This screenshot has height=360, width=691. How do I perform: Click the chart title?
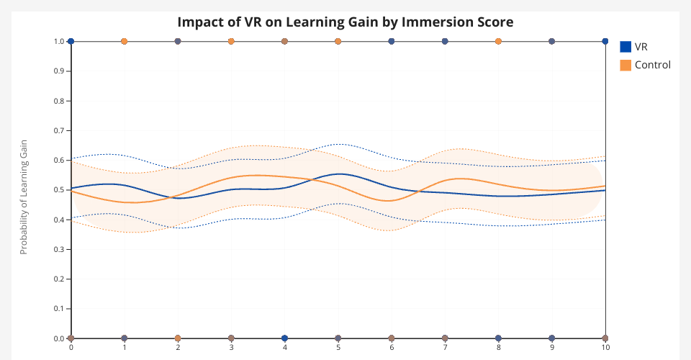coord(345,22)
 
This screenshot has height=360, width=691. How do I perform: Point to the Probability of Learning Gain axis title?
coord(23,197)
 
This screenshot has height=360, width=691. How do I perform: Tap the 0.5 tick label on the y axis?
coord(60,190)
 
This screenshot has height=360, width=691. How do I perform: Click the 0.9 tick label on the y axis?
coord(60,71)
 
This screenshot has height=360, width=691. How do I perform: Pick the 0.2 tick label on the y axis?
coord(60,279)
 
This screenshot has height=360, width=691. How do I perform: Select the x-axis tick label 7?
coord(445,346)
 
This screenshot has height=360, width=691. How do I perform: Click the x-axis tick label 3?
coord(231,346)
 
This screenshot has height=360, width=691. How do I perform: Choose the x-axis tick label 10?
coord(605,346)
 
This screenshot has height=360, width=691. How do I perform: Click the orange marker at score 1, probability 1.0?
coord(125,42)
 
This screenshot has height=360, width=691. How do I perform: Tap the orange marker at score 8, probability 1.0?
coord(498,42)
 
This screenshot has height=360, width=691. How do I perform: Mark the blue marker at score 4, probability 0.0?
coord(285,338)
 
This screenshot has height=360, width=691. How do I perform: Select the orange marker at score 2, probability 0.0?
coord(178,338)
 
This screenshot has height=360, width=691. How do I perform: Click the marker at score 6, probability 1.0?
coord(392,42)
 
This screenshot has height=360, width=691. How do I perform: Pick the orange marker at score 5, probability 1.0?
coord(338,42)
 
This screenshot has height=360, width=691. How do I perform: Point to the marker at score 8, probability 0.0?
coord(498,338)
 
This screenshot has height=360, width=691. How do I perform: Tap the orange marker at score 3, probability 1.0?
coord(231,42)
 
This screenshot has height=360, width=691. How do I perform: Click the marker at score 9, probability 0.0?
coord(552,338)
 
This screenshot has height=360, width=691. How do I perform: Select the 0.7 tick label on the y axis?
coord(60,130)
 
